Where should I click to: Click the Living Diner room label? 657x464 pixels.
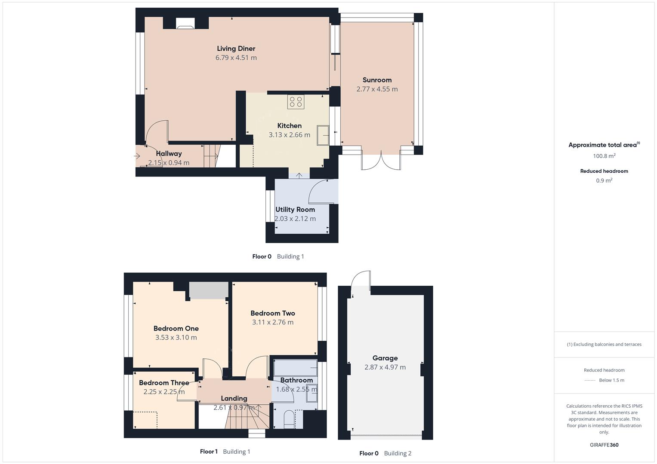[x=236, y=49]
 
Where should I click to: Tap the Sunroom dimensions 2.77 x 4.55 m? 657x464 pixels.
[x=377, y=89]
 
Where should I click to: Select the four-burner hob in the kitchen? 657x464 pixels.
[x=296, y=102]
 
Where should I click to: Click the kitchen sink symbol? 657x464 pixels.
[x=323, y=135]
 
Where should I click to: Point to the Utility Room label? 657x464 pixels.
[x=295, y=209]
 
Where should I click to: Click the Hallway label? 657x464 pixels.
[x=169, y=153]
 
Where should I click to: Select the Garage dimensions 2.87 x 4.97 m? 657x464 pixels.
[x=385, y=367]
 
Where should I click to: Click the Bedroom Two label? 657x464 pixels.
[x=273, y=313]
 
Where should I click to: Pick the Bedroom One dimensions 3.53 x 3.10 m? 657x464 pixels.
[x=176, y=337]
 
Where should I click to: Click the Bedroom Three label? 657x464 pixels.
[x=164, y=383]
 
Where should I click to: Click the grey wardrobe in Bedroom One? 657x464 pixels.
[x=209, y=290]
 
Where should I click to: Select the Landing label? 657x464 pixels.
[x=234, y=398]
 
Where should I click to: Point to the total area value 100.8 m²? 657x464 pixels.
[x=604, y=156]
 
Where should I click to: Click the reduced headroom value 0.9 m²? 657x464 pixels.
[x=604, y=180]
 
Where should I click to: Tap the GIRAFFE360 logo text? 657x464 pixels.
[x=604, y=445]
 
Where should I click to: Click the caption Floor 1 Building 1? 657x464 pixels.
[x=225, y=452]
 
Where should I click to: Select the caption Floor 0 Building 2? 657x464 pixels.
[x=385, y=453]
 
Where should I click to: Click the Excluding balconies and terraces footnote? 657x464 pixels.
[x=604, y=344]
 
